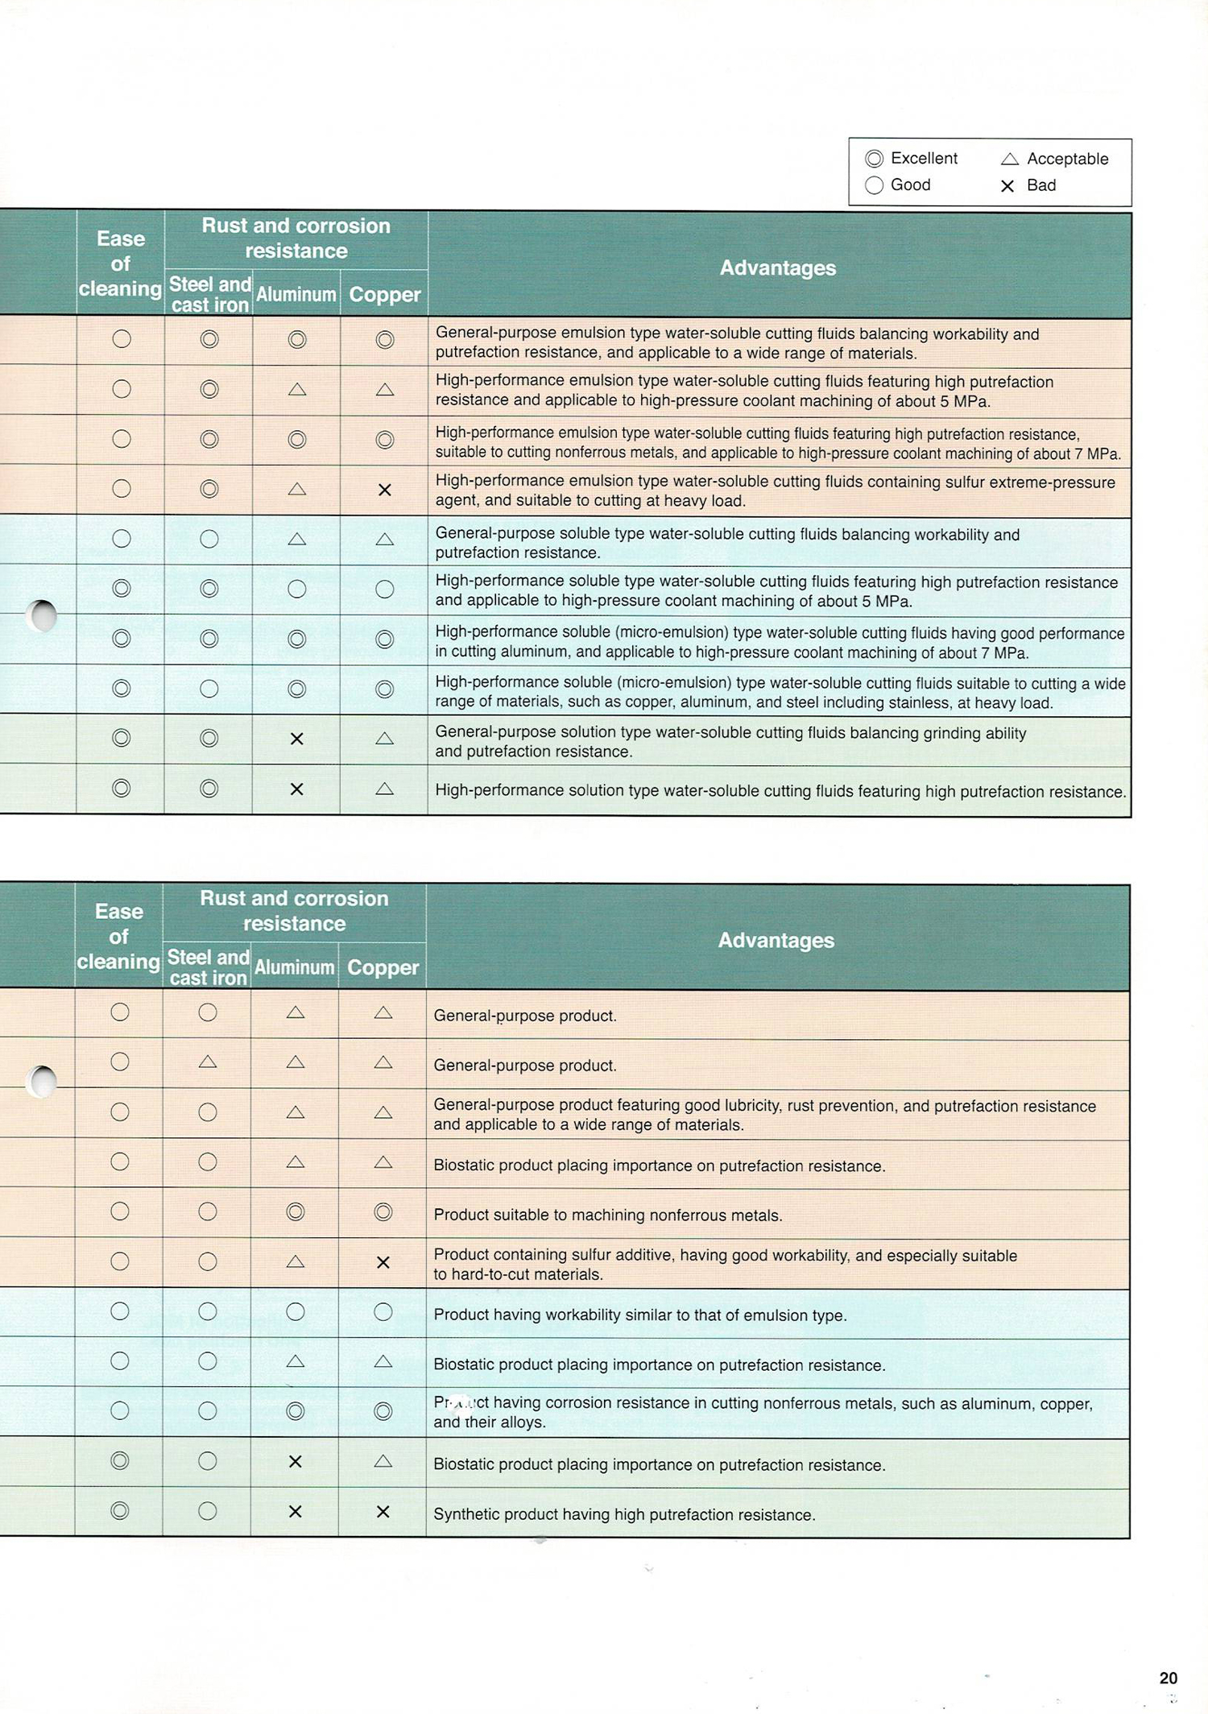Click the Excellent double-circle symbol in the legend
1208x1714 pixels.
click(x=874, y=159)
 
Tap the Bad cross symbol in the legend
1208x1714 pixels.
click(x=1007, y=186)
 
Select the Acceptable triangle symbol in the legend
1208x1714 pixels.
click(x=1009, y=159)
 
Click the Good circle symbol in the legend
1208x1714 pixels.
click(x=874, y=185)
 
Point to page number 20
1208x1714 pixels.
click(x=1168, y=1678)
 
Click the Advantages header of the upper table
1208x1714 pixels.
click(x=777, y=267)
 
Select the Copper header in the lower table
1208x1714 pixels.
click(x=383, y=967)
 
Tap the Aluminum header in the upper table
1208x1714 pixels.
click(x=296, y=295)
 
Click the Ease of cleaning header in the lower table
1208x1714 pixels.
click(x=118, y=936)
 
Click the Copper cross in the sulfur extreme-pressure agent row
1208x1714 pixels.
click(x=385, y=490)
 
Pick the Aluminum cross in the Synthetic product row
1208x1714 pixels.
click(x=296, y=1512)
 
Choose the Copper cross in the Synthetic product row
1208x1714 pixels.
click(x=383, y=1512)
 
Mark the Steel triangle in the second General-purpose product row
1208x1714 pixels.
click(x=208, y=1062)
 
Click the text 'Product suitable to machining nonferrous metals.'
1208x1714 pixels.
click(x=607, y=1215)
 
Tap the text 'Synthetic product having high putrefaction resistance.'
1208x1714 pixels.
click(x=624, y=1514)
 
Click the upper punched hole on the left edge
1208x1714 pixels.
click(x=42, y=616)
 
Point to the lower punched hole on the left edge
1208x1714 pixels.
click(x=42, y=1081)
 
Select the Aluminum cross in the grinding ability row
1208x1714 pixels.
click(x=296, y=739)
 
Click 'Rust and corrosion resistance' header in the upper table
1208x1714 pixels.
click(x=296, y=238)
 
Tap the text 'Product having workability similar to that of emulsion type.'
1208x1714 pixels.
click(x=640, y=1314)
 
